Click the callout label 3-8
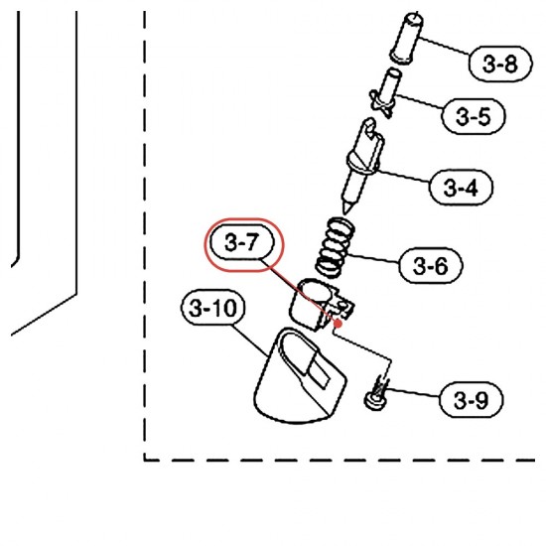click(500, 65)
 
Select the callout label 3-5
click(473, 116)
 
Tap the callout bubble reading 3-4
click(461, 188)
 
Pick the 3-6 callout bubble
click(431, 265)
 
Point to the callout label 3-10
click(212, 307)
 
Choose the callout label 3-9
click(472, 399)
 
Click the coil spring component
click(336, 247)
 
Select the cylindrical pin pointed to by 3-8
click(406, 39)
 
